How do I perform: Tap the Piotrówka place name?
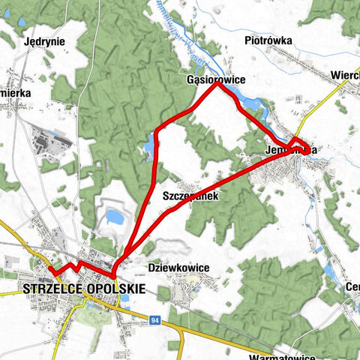[x=267, y=40]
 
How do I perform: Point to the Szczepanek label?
[x=189, y=196]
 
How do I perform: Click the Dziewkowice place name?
[x=178, y=268]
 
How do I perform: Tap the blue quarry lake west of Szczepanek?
[x=115, y=217]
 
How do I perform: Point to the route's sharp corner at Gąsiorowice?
[x=217, y=84]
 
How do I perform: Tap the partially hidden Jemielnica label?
[x=289, y=150]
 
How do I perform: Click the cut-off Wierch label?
[x=346, y=75]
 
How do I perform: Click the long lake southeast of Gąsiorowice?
[x=241, y=97]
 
